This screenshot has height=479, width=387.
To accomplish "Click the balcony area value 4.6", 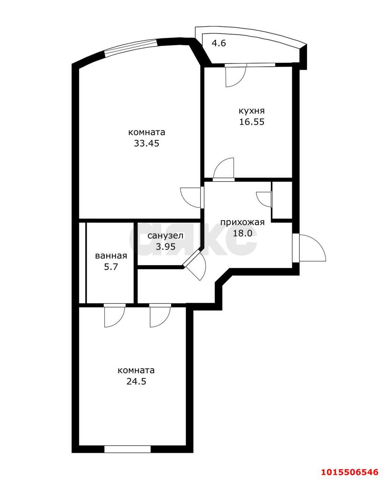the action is pyautogui.click(x=219, y=43).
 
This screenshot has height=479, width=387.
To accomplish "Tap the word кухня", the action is pyautogui.click(x=252, y=111).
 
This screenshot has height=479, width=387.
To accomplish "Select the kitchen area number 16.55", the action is pyautogui.click(x=252, y=122).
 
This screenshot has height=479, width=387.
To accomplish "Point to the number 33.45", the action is pyautogui.click(x=147, y=143).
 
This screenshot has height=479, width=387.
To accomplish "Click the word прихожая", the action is pyautogui.click(x=243, y=222).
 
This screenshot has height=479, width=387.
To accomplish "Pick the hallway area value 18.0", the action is pyautogui.click(x=242, y=234).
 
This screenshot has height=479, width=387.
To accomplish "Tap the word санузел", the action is pyautogui.click(x=165, y=236).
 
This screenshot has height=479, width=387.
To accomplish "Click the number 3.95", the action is pyautogui.click(x=166, y=247).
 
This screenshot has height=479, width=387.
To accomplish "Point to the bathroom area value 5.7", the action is pyautogui.click(x=111, y=267).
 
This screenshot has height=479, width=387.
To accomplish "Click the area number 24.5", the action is pyautogui.click(x=136, y=381).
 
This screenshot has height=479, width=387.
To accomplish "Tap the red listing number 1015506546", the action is pyautogui.click(x=350, y=470).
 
